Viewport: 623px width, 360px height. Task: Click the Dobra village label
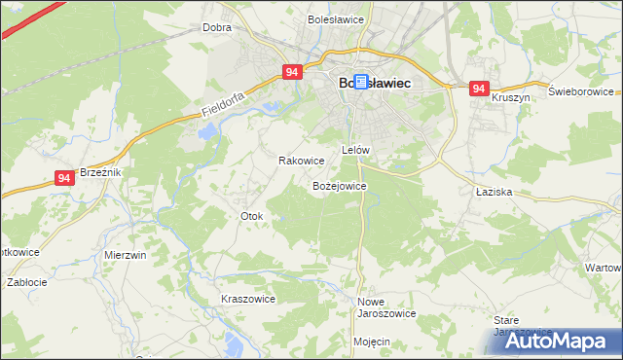tap(216, 28)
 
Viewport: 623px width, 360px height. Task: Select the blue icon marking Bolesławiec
tap(361, 84)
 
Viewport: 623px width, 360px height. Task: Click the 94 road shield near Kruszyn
tap(478, 89)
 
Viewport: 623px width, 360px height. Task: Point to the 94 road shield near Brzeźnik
tap(64, 178)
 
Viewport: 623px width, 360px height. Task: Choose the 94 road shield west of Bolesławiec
tap(293, 72)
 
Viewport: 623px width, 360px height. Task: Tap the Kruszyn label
tap(510, 98)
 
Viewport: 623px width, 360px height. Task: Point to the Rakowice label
tap(301, 161)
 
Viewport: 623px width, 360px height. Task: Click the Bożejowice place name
tap(339, 185)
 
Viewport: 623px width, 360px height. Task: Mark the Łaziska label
tap(494, 193)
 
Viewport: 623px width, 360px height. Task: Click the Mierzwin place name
tap(125, 255)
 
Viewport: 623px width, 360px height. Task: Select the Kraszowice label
tap(248, 299)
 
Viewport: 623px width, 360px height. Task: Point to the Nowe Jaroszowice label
tap(386, 307)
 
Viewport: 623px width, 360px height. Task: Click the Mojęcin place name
tap(372, 342)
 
